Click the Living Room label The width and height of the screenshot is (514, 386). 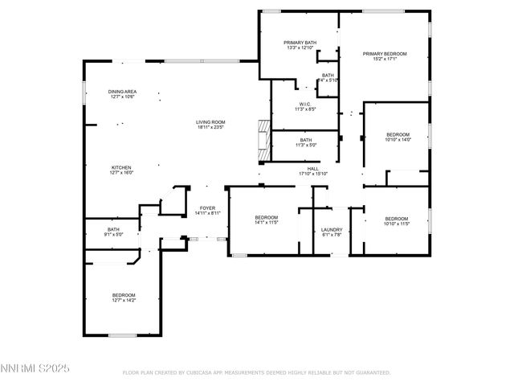(210, 122)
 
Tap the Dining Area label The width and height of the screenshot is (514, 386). (122, 92)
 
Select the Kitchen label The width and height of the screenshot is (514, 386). (121, 167)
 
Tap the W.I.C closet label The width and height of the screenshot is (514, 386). (304, 104)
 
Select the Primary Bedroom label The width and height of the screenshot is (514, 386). (385, 54)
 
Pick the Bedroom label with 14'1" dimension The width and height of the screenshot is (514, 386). (267, 218)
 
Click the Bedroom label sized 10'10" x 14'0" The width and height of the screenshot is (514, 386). (398, 134)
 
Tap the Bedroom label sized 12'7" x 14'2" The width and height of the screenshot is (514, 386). (124, 295)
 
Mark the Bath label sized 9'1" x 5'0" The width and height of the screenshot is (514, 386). (113, 230)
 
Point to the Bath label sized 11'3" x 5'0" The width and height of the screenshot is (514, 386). (306, 140)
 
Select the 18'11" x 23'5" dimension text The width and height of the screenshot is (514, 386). (210, 127)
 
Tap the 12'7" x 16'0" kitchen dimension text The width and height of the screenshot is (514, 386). (121, 172)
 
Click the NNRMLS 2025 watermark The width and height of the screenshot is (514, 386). (36, 367)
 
